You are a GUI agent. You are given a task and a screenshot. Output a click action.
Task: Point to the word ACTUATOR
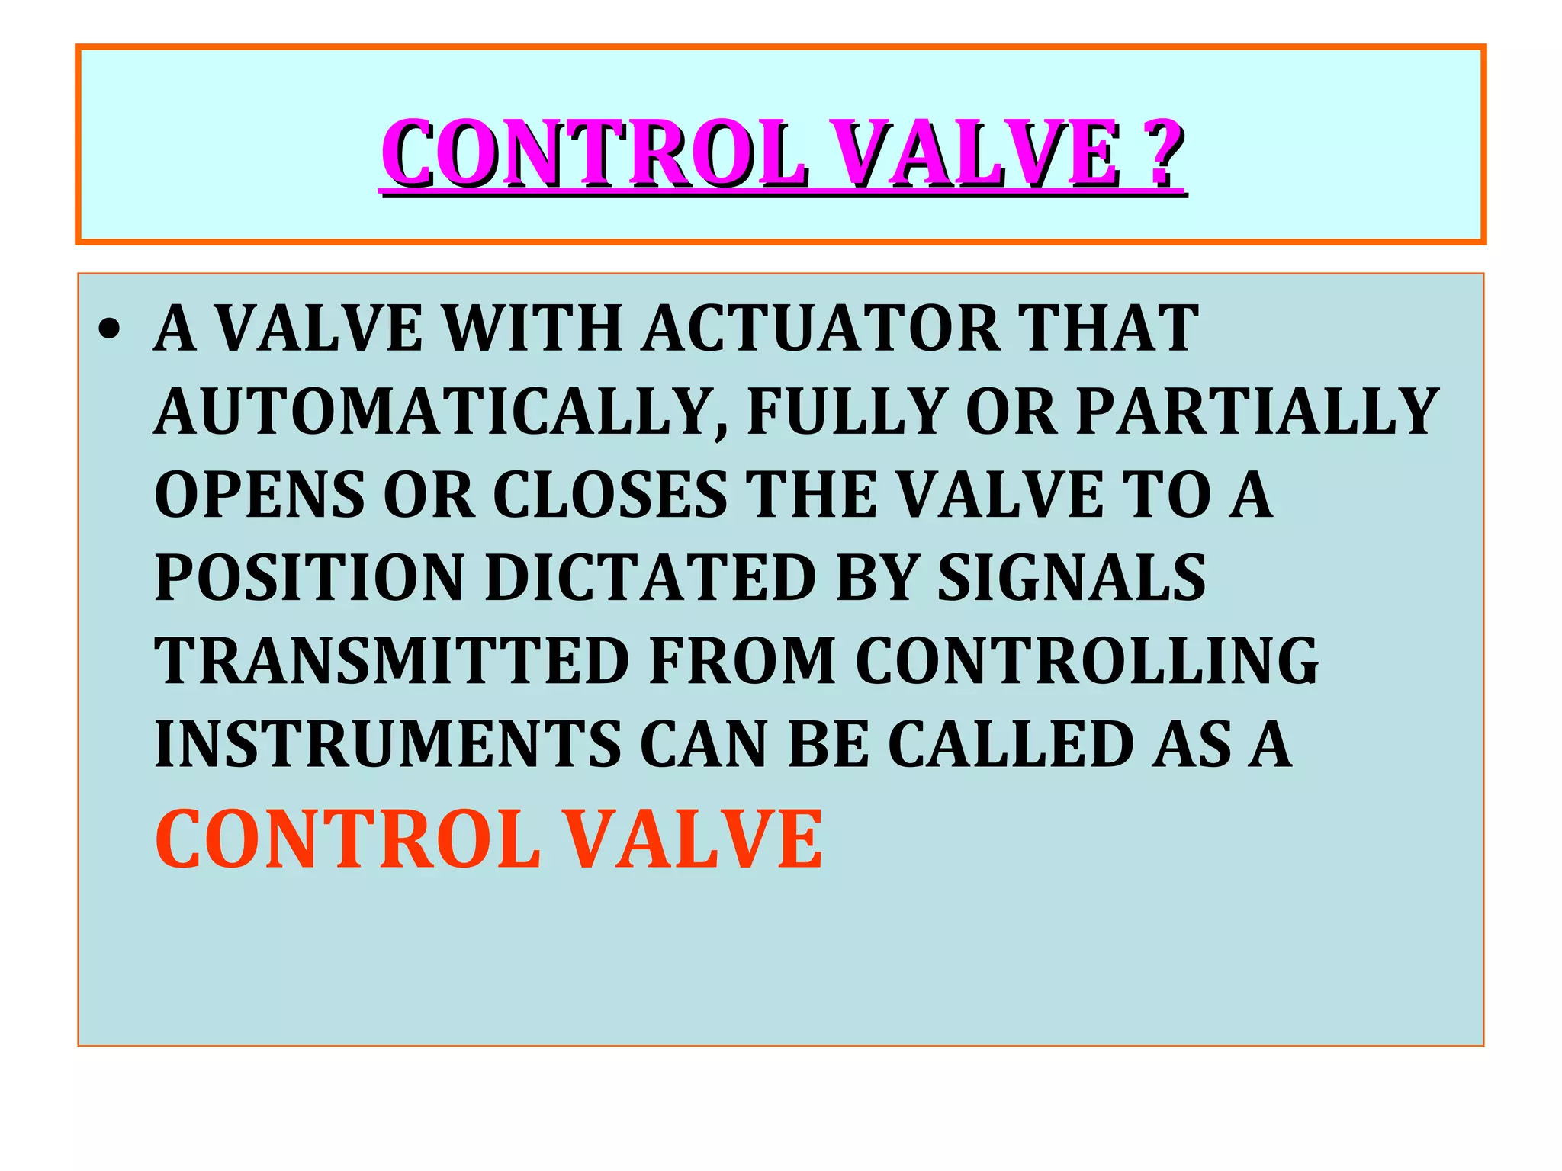pos(820,329)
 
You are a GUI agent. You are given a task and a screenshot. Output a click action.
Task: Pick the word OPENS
pos(259,495)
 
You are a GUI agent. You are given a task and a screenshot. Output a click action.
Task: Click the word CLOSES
pos(610,495)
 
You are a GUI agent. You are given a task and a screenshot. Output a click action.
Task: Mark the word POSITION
pos(309,578)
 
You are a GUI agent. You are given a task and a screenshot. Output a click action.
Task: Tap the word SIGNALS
pos(1071,578)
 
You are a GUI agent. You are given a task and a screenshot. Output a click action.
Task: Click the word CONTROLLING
pos(1086,661)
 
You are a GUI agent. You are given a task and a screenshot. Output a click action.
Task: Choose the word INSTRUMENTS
pos(387,744)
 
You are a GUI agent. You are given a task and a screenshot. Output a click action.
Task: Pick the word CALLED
pos(1011,744)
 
